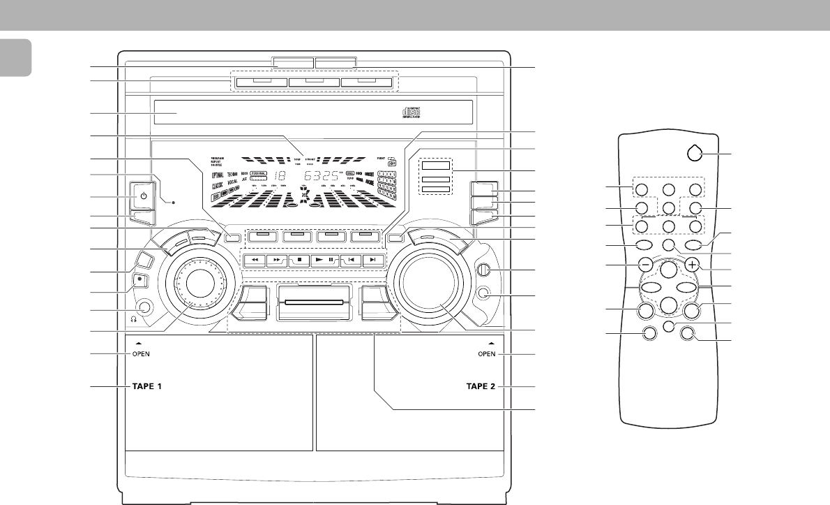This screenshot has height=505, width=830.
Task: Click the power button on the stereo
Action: point(143,196)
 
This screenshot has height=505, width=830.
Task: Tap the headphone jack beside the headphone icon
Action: point(144,306)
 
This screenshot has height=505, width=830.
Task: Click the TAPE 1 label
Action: point(148,386)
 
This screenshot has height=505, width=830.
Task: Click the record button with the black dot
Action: point(140,281)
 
